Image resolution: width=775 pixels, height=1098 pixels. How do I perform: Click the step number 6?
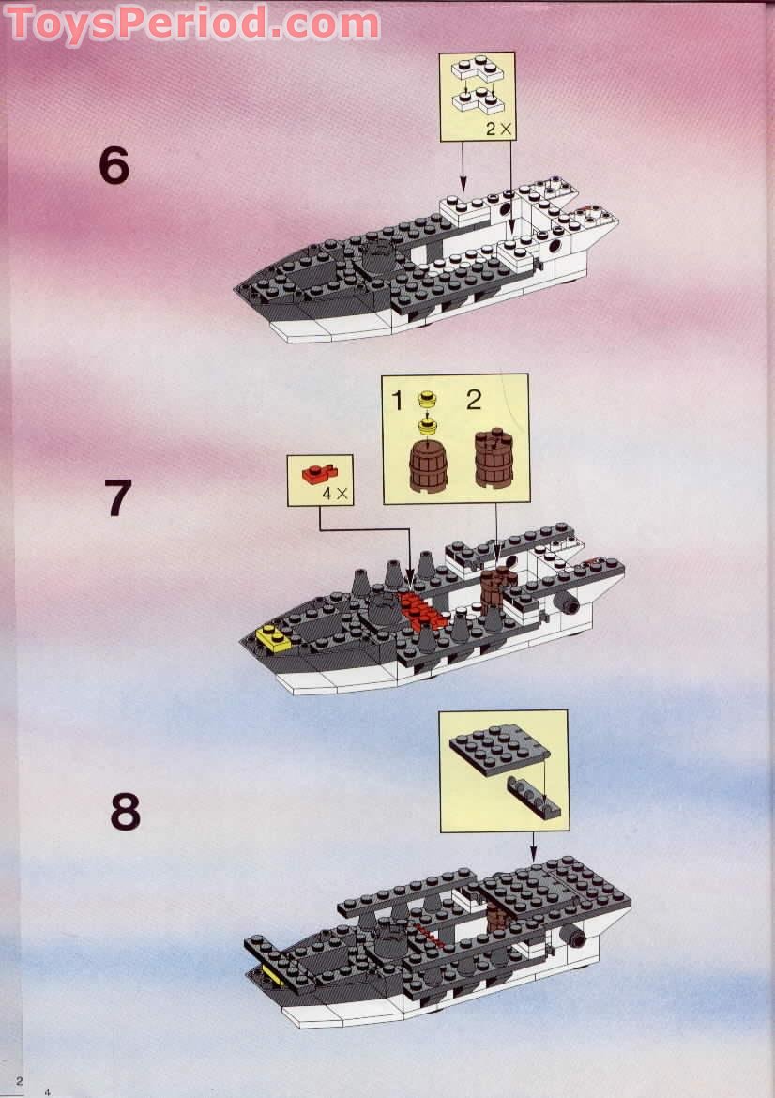coord(113,167)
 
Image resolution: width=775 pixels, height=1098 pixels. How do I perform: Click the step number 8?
coord(124,813)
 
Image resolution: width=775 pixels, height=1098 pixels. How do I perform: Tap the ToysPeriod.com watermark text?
coord(193,23)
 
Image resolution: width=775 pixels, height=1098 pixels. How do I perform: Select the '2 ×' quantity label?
coord(499,130)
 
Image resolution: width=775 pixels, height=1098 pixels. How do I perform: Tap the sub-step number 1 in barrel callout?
coord(397,402)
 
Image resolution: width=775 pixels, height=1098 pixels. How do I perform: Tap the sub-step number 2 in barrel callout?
coord(474,401)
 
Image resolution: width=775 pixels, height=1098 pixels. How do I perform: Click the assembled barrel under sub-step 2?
coord(494,459)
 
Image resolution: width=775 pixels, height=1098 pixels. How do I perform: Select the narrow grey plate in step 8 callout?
coord(536,794)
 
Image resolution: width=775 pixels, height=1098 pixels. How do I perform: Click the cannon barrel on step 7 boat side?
coord(568,603)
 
